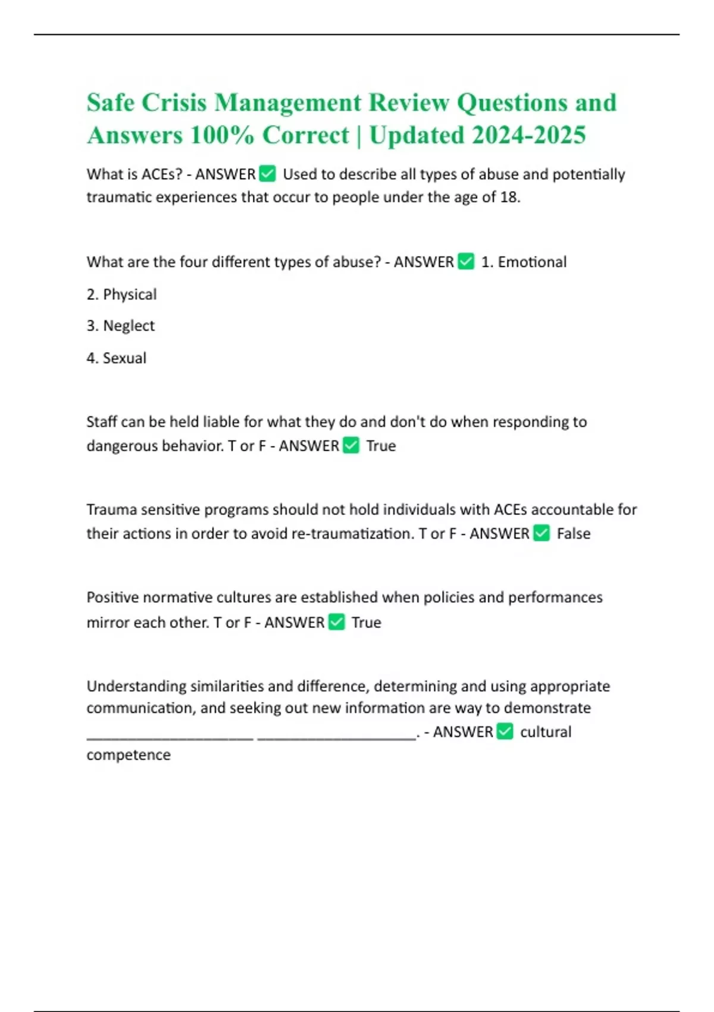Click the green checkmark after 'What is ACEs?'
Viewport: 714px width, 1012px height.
pyautogui.click(x=268, y=174)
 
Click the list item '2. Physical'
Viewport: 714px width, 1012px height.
pyautogui.click(x=121, y=294)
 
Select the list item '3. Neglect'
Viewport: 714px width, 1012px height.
pyautogui.click(x=121, y=326)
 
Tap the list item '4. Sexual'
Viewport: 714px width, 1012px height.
pyautogui.click(x=117, y=358)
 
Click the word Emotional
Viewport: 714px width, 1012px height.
pyautogui.click(x=532, y=262)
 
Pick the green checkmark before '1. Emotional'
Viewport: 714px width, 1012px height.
pyautogui.click(x=466, y=261)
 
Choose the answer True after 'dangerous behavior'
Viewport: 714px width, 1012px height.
pyautogui.click(x=381, y=446)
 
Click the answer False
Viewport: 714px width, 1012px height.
pyautogui.click(x=574, y=534)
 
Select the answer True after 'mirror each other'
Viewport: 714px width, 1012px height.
pyautogui.click(x=366, y=623)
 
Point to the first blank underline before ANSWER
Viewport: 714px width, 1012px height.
pyautogui.click(x=170, y=737)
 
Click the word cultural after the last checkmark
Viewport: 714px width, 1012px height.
pyautogui.click(x=546, y=732)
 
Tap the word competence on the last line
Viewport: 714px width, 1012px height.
pyautogui.click(x=129, y=755)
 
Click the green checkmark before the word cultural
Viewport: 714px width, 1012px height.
pyautogui.click(x=505, y=731)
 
